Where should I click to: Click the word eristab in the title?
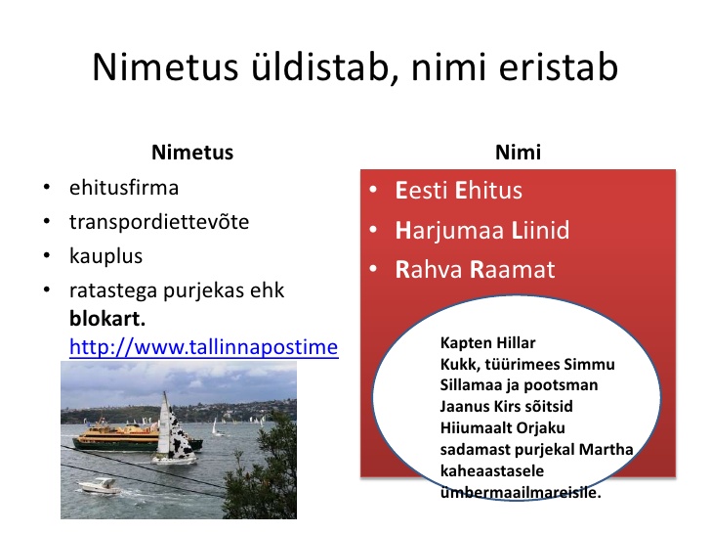pos(559,67)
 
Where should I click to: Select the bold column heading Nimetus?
pos(192,153)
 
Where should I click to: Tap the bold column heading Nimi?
pos(518,153)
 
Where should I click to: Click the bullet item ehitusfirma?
pos(124,188)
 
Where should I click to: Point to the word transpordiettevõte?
pos(159,222)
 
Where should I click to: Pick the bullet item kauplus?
pos(106,255)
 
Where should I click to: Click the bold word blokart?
pos(107,318)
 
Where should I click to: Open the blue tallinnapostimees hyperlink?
pos(203,347)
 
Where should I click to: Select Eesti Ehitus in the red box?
pos(458,190)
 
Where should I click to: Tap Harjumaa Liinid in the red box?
pos(482,230)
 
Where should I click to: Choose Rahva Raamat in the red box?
pos(475,269)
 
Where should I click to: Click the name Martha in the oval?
pos(606,449)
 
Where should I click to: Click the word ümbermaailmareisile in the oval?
pos(521,492)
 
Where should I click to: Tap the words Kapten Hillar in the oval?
pos(487,342)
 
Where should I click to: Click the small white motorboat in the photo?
pos(99,486)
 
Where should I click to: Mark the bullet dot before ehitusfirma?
pos(47,188)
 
